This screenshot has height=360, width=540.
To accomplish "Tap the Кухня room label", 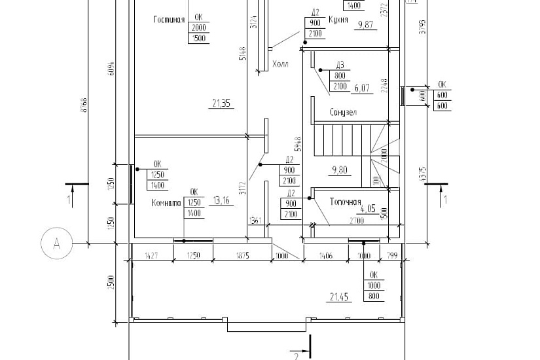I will click(x=338, y=19).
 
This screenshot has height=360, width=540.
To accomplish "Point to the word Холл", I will click(x=281, y=65).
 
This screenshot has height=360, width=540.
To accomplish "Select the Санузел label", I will click(x=343, y=112).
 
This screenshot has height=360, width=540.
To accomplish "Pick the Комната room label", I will click(x=166, y=202).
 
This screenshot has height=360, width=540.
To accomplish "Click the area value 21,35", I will click(x=223, y=102).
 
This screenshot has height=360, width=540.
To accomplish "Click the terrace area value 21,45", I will click(x=338, y=297).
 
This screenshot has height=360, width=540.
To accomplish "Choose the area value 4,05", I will click(x=367, y=209).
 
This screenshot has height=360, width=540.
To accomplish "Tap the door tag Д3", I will click(x=340, y=65).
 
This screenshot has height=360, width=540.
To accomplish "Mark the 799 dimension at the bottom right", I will click(x=392, y=255).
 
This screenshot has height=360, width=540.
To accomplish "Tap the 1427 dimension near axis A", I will click(x=151, y=255).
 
